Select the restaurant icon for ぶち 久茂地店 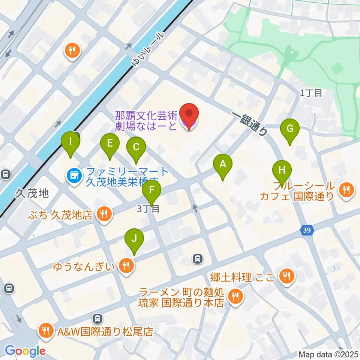tap(103, 214)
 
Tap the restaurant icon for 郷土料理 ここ tap(287, 277)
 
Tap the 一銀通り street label tap(250, 124)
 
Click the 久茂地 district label tap(32, 193)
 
